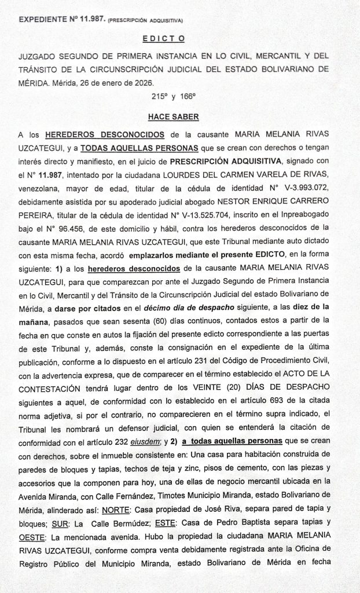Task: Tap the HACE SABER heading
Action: [174, 116]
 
